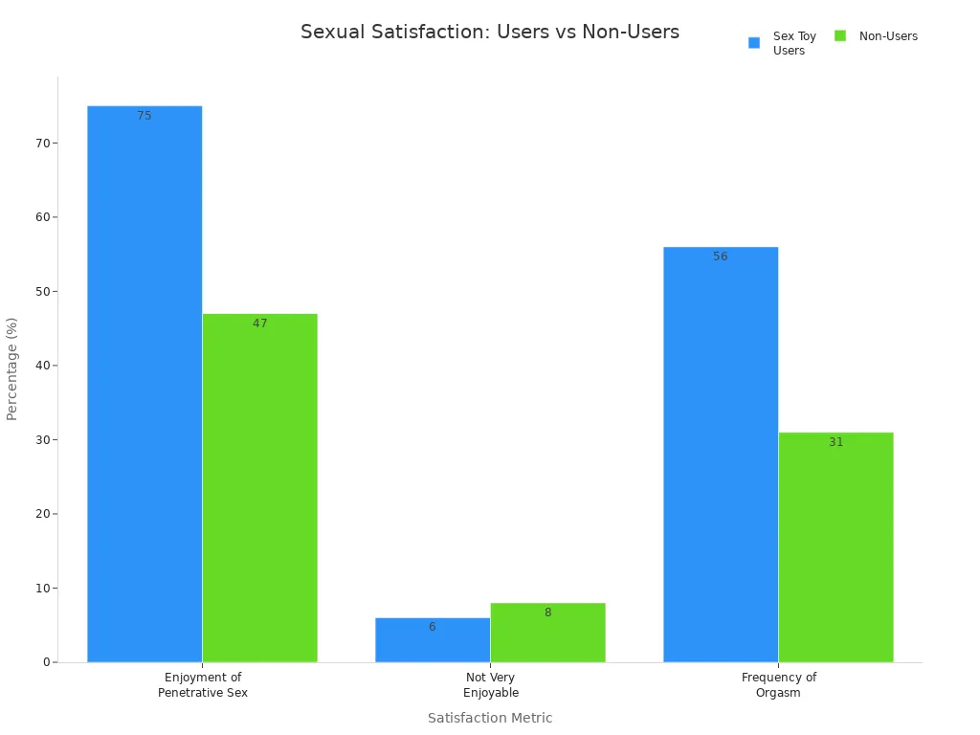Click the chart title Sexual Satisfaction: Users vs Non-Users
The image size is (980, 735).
coord(490,33)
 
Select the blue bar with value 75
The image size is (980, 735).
coord(145,383)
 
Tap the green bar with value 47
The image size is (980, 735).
coord(259,488)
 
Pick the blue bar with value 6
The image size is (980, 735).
coord(433,640)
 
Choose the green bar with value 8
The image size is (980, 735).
coord(547,633)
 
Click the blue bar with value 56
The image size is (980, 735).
coord(721,455)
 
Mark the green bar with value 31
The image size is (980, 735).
coord(835,547)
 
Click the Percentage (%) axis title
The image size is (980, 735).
coord(12,368)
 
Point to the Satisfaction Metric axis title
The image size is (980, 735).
coord(490,718)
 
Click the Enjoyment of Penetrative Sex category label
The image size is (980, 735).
coord(203,685)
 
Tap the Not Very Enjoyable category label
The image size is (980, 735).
coord(490,685)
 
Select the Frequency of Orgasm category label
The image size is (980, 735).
coord(778,685)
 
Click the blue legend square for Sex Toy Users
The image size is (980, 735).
coord(754,43)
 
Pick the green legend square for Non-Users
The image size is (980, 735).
coord(840,36)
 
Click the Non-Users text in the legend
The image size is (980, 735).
coord(888,36)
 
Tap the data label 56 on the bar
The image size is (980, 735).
coord(721,256)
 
